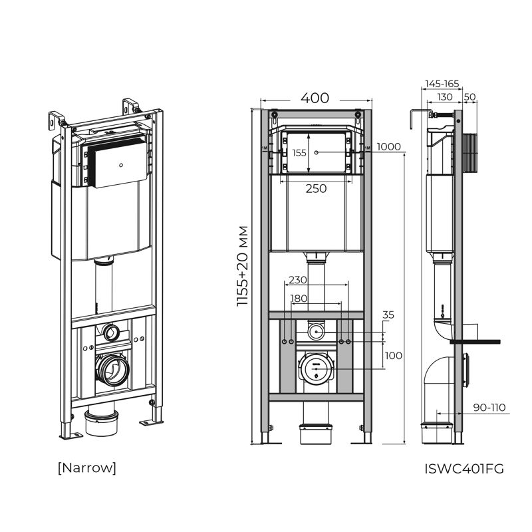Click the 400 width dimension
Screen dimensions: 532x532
pyautogui.click(x=315, y=98)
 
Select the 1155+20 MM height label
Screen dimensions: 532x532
pyautogui.click(x=243, y=266)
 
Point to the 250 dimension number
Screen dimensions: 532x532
pyautogui.click(x=315, y=189)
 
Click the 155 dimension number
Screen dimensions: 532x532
pyautogui.click(x=299, y=153)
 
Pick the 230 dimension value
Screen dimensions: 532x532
pyautogui.click(x=298, y=281)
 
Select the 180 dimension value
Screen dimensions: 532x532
pyautogui.click(x=299, y=299)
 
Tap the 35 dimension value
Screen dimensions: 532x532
pyautogui.click(x=389, y=315)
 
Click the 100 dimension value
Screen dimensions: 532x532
pyautogui.click(x=393, y=356)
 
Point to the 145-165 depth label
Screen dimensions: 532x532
pyautogui.click(x=442, y=84)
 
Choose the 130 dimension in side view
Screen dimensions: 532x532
pyautogui.click(x=444, y=97)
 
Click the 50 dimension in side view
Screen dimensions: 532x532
pyautogui.click(x=469, y=97)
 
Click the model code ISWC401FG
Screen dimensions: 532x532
pyautogui.click(x=464, y=468)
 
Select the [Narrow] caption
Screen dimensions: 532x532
pyautogui.click(x=86, y=467)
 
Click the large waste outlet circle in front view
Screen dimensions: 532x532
pyautogui.click(x=315, y=367)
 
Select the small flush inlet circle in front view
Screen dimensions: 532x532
pyautogui.click(x=315, y=331)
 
